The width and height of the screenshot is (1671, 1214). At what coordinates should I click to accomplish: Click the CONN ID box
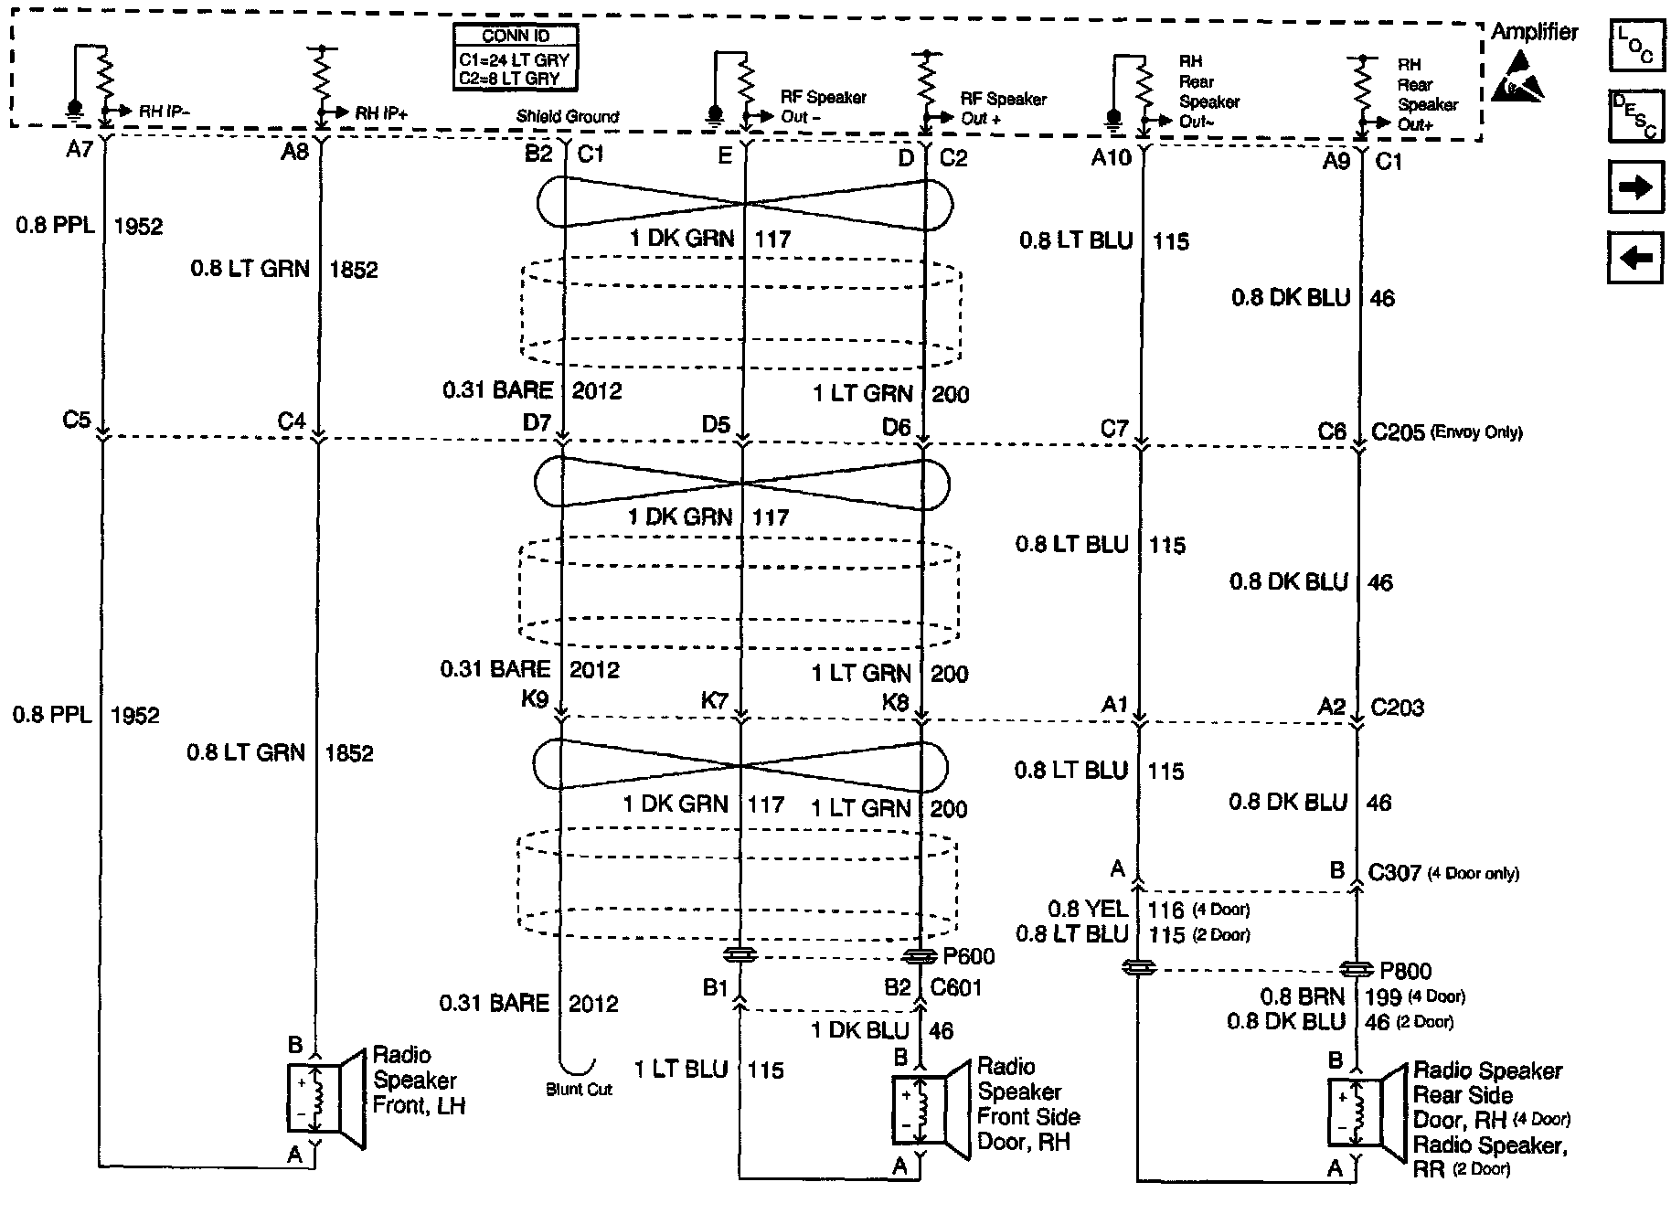516,58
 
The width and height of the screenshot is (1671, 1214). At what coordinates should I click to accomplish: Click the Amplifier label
1534,32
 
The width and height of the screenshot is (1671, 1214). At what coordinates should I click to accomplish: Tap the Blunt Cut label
579,1090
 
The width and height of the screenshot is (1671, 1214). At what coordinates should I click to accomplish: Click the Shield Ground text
567,117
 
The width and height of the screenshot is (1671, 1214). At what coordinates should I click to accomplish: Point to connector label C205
1398,432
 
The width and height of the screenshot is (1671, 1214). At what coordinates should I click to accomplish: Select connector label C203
1397,708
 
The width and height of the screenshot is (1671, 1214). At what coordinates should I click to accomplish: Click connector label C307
1395,873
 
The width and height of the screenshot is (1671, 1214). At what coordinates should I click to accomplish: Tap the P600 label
968,957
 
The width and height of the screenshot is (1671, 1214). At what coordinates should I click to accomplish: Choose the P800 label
1406,972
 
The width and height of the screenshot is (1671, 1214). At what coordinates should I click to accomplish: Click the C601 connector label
955,988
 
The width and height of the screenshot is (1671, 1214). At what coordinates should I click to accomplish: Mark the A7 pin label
80,150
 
